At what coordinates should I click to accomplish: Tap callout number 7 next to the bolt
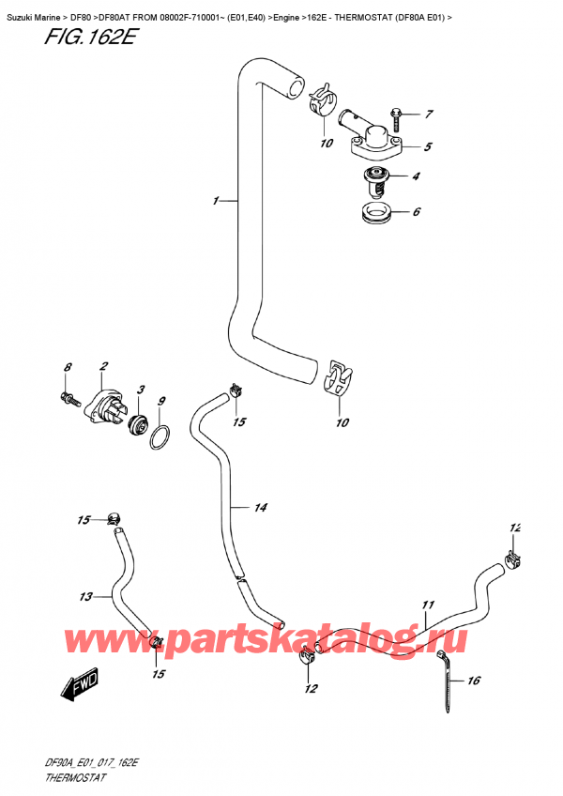pos(428,115)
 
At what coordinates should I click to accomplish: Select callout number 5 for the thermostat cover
pos(427,146)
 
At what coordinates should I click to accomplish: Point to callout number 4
pos(416,176)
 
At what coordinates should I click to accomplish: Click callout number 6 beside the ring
pos(416,212)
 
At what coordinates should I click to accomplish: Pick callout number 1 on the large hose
pos(216,200)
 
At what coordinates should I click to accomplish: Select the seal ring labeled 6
pos(376,212)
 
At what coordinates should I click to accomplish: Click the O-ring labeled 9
pos(160,437)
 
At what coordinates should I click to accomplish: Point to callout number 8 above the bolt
pos(68,367)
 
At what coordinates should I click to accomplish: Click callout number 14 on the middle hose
pos(261,508)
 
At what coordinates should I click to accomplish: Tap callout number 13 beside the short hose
pos(85,596)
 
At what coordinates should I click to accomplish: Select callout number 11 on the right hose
pos(428,605)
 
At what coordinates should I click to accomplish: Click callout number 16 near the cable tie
pos(474,681)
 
